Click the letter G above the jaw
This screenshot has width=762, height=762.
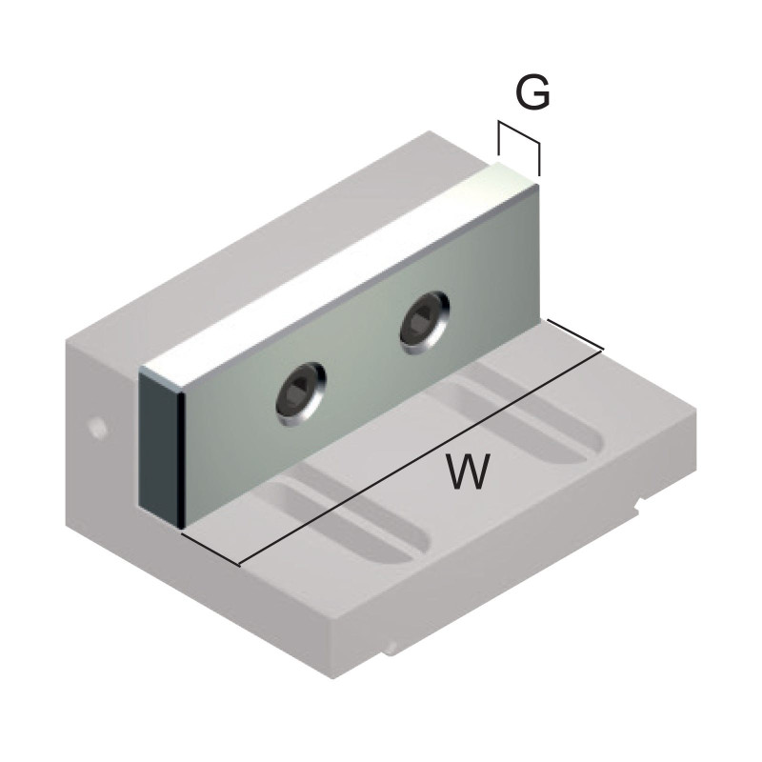pyautogui.click(x=532, y=93)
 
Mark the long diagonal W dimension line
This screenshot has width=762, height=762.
pyautogui.click(x=419, y=457)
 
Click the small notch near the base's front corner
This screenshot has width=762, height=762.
pyautogui.click(x=391, y=651)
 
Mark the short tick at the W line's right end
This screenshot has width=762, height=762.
pyautogui.click(x=575, y=336)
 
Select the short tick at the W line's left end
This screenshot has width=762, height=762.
pyautogui.click(x=210, y=548)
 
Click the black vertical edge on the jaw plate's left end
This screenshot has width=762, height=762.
pyautogui.click(x=179, y=457)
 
